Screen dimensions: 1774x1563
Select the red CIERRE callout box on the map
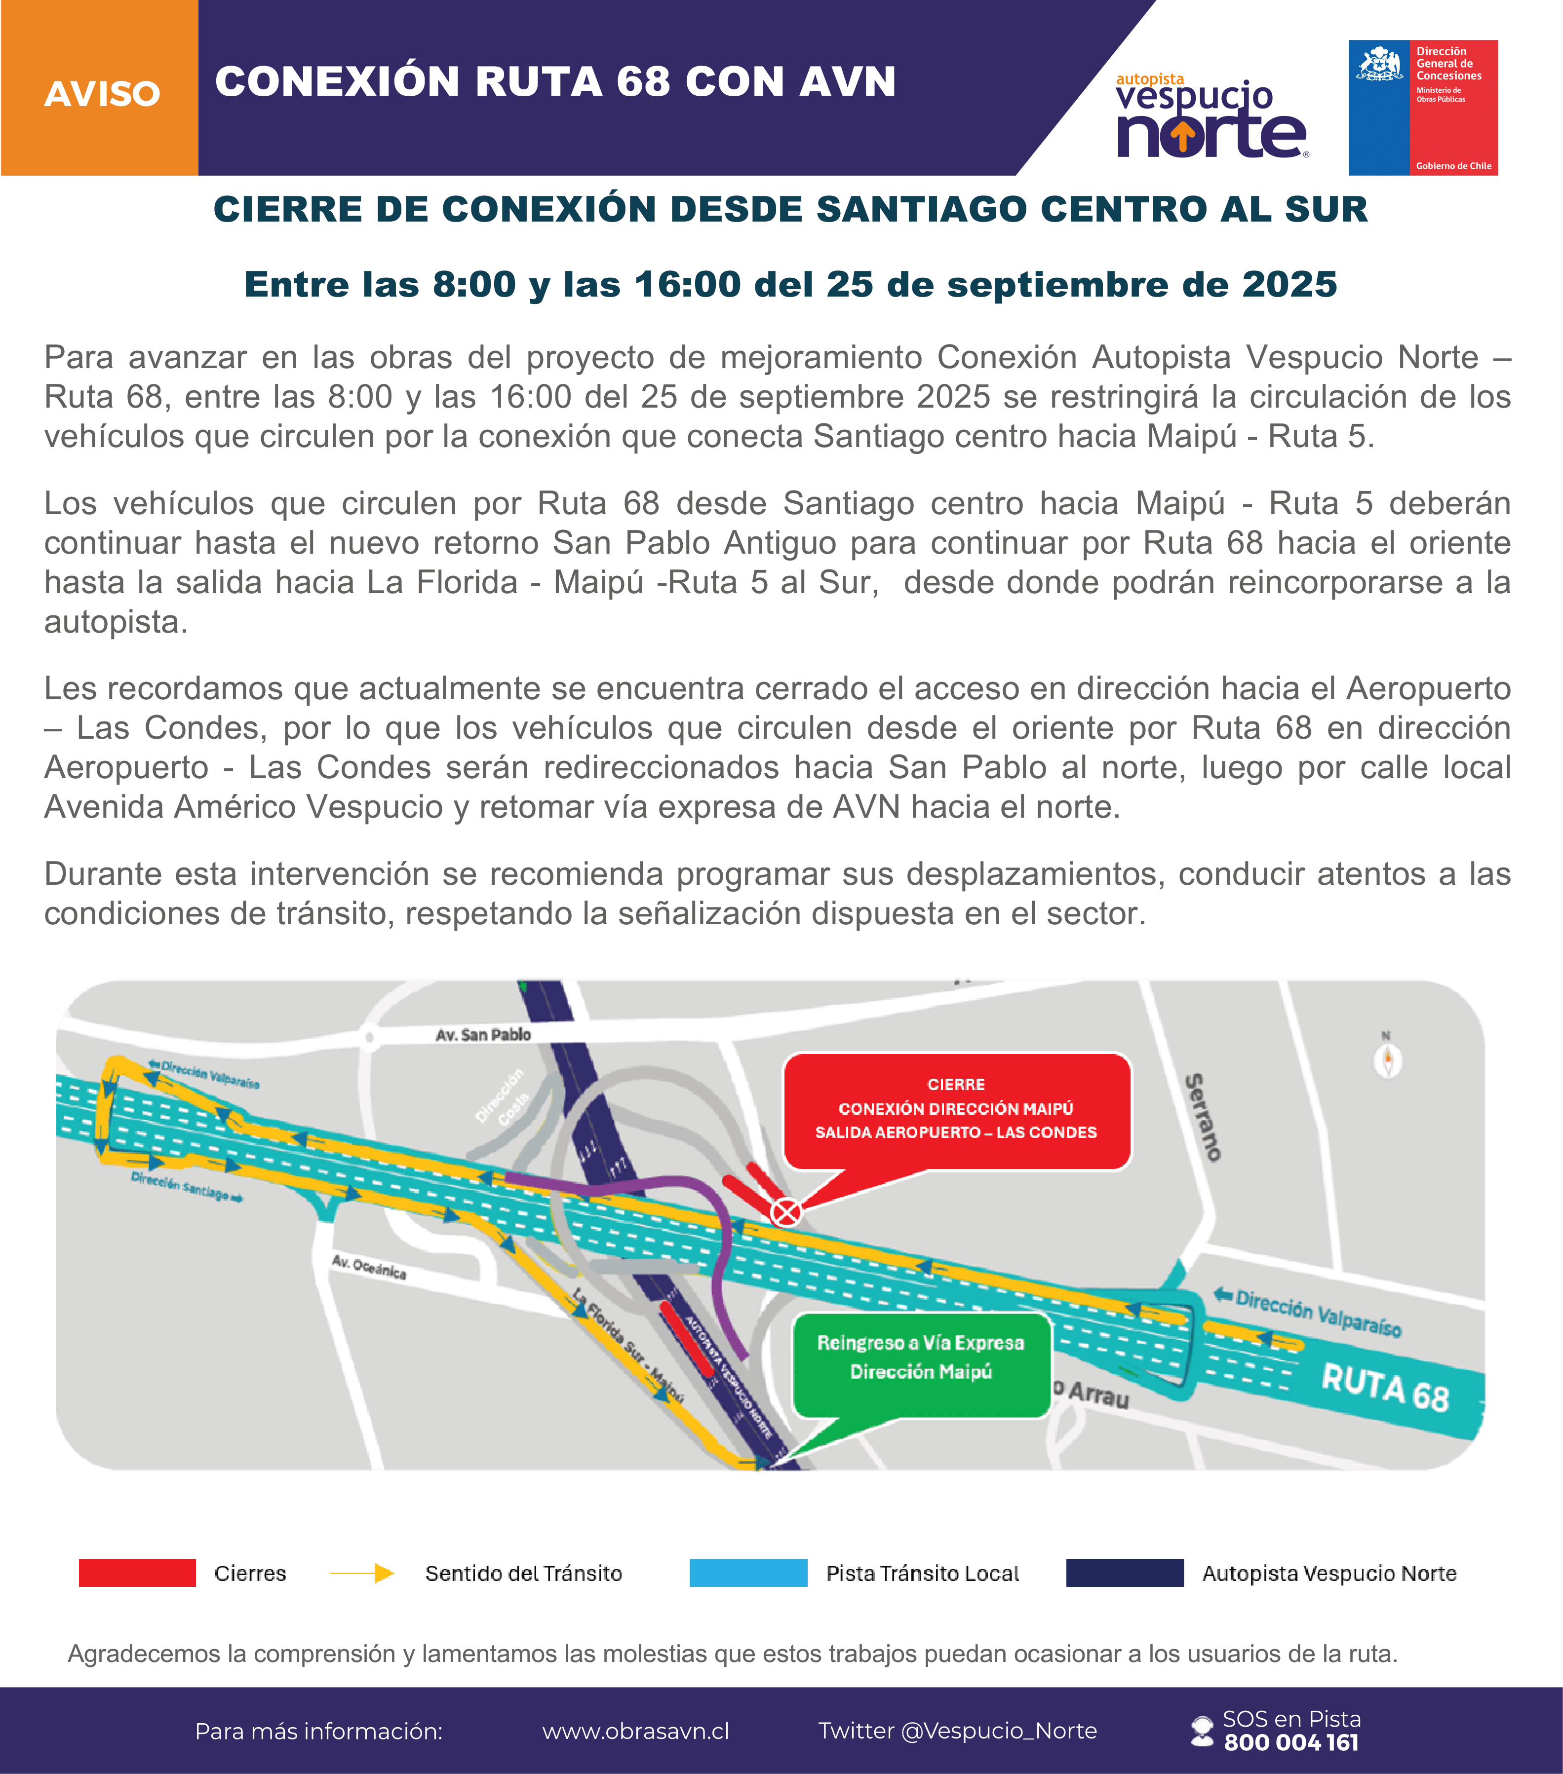[956, 1110]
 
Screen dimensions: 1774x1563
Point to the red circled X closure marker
[786, 1211]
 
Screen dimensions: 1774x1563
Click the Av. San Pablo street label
[483, 1034]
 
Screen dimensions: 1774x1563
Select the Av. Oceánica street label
[369, 1267]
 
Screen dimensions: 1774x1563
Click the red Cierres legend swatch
[137, 1573]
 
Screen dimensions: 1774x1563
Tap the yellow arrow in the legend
[362, 1573]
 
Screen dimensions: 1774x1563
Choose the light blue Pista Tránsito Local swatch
[747, 1573]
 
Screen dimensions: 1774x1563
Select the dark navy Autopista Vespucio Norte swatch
[1125, 1573]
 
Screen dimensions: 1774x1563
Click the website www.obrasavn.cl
[636, 1731]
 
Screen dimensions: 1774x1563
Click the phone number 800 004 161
[1290, 1742]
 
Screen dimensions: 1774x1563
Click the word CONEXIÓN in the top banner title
[337, 81]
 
